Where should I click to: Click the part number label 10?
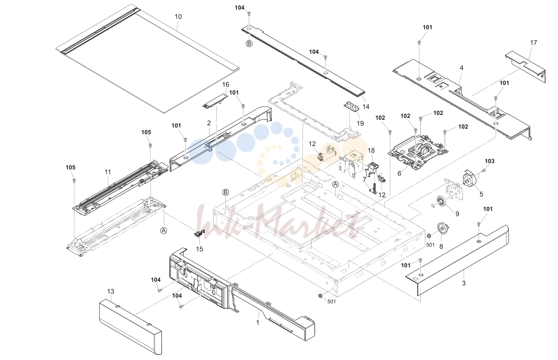[178, 17]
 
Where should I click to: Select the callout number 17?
[533, 43]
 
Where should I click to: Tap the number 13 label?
[110, 291]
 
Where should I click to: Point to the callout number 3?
[463, 283]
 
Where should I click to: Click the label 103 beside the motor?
[489, 161]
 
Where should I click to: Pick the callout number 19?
[360, 123]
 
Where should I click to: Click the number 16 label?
[226, 85]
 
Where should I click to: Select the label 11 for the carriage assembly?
[108, 172]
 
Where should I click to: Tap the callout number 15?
[199, 249]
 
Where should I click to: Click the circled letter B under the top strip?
[249, 44]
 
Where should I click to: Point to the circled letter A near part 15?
[164, 231]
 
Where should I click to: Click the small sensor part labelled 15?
[199, 233]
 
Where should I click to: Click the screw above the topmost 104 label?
[249, 13]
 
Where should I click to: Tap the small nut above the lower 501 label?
[321, 295]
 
